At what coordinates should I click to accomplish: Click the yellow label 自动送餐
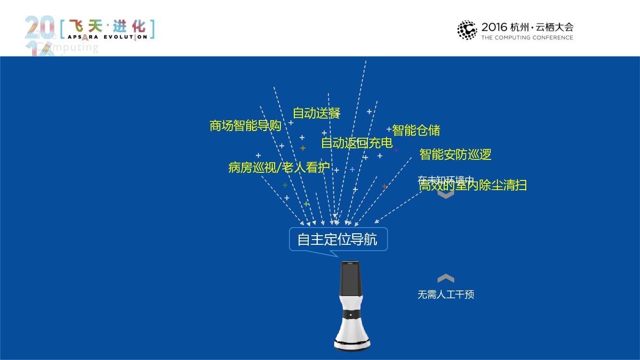point(316,114)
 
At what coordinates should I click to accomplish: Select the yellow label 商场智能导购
point(245,126)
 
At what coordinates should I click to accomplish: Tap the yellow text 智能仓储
point(416,130)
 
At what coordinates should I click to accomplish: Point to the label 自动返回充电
point(357,143)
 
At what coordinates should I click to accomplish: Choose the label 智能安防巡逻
point(455,155)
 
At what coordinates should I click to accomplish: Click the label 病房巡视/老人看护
point(279,168)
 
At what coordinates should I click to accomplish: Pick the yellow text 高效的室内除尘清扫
point(472,186)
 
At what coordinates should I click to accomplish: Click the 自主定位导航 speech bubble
point(338,239)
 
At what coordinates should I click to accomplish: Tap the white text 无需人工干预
point(446,295)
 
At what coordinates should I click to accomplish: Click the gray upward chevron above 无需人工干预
point(446,278)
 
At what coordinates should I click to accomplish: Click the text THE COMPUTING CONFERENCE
point(527,37)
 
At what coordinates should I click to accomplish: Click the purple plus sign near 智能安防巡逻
point(396,150)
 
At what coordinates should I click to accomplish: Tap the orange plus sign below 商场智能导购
point(303,148)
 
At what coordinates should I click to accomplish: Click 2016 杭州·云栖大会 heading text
point(527,27)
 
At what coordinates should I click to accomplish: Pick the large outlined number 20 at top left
point(39,28)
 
